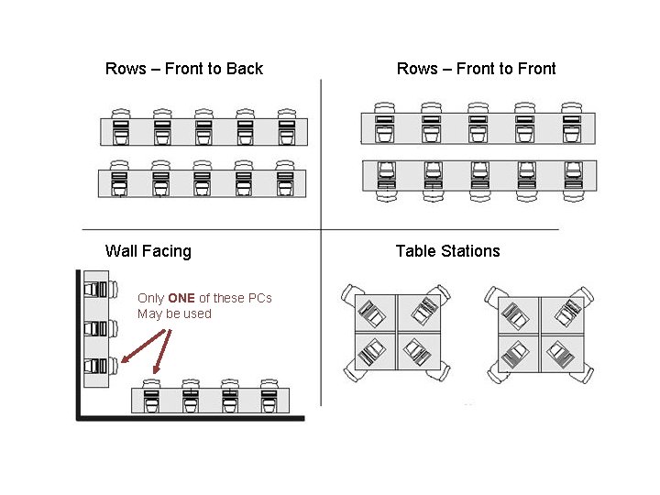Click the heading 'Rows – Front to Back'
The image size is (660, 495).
pos(183,69)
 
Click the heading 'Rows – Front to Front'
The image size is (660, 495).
pos(476,69)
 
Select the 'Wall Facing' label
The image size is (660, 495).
pos(148,251)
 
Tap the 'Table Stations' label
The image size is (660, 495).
pos(447,251)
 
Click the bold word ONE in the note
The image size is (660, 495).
pos(181,298)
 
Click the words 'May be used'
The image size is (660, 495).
pos(174,313)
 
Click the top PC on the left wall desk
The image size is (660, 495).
pos(95,291)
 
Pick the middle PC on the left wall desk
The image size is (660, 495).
pos(95,328)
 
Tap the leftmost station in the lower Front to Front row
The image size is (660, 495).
pos(386,175)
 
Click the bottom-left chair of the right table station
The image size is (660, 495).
pos(496,371)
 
